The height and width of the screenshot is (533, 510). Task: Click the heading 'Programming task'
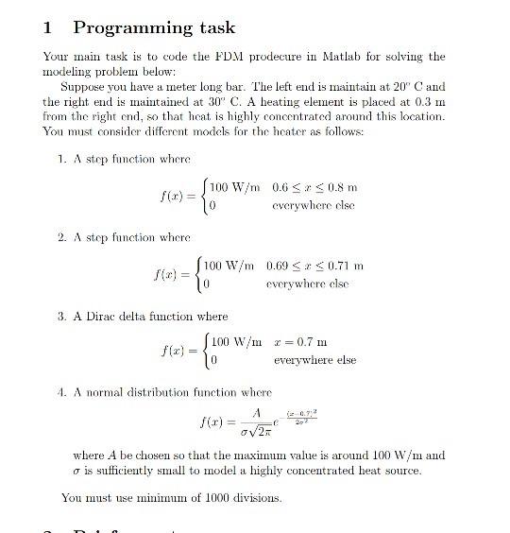point(154,28)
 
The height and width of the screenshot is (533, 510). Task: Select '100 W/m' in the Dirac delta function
point(236,339)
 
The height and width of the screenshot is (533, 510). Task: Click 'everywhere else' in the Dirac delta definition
point(315,360)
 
